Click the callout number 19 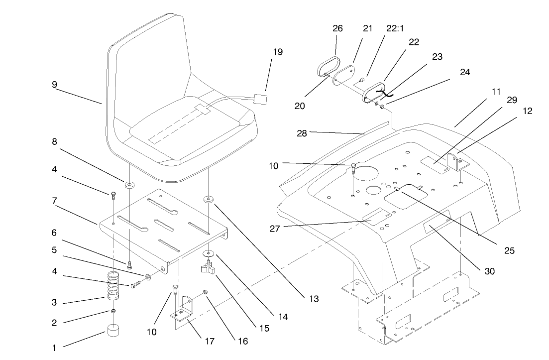pos(277,51)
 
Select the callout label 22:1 pos(395,29)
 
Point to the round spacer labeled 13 pos(208,200)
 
